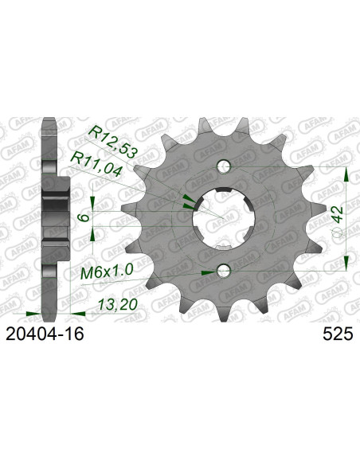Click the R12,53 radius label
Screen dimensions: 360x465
[x=114, y=141]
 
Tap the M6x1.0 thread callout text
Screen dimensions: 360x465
[x=107, y=272]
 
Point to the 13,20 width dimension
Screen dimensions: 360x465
[x=118, y=305]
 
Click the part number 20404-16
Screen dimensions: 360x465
[x=45, y=334]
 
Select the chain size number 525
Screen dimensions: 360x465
[x=338, y=334]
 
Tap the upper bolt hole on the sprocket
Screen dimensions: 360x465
[x=224, y=166]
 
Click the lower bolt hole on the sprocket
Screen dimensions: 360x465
[x=224, y=271]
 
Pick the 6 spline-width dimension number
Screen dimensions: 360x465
[x=84, y=217]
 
